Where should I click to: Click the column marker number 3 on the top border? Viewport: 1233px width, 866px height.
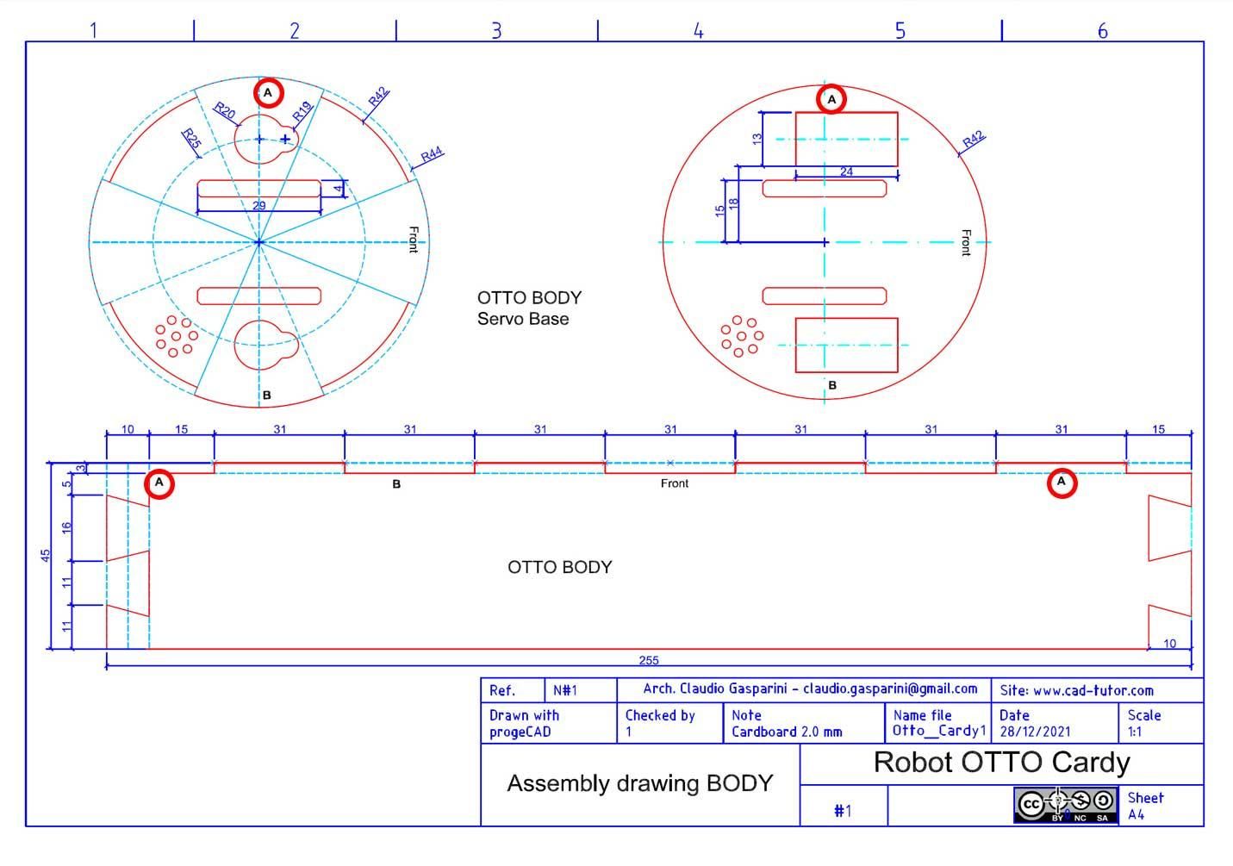pyautogui.click(x=496, y=31)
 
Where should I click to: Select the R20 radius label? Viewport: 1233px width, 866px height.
pyautogui.click(x=224, y=110)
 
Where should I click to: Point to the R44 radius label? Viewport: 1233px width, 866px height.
pyautogui.click(x=431, y=154)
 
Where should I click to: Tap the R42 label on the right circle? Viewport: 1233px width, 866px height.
pyautogui.click(x=973, y=140)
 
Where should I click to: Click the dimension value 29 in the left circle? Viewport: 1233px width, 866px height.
pyautogui.click(x=258, y=206)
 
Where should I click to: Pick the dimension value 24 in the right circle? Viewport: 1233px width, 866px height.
pyautogui.click(x=846, y=172)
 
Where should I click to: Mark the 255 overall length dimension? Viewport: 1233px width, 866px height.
pyautogui.click(x=649, y=660)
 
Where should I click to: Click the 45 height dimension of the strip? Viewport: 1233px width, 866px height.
pyautogui.click(x=47, y=555)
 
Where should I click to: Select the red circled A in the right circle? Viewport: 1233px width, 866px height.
pyautogui.click(x=831, y=100)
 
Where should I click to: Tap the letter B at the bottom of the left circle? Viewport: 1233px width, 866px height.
pyautogui.click(x=267, y=396)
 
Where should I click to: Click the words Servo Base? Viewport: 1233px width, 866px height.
pyautogui.click(x=523, y=319)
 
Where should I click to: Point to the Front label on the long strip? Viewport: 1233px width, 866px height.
pyautogui.click(x=675, y=483)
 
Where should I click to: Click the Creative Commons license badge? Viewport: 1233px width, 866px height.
pyautogui.click(x=1065, y=805)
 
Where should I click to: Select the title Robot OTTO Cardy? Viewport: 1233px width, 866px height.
pyautogui.click(x=1001, y=763)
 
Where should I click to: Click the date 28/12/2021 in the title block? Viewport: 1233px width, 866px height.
pyautogui.click(x=1035, y=732)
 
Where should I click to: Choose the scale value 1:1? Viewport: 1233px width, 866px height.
pyautogui.click(x=1135, y=732)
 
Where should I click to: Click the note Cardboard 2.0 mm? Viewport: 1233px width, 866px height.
pyautogui.click(x=787, y=732)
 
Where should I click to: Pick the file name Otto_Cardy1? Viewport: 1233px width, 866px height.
pyautogui.click(x=938, y=731)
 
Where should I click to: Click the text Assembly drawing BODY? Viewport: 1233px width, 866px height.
pyautogui.click(x=639, y=783)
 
